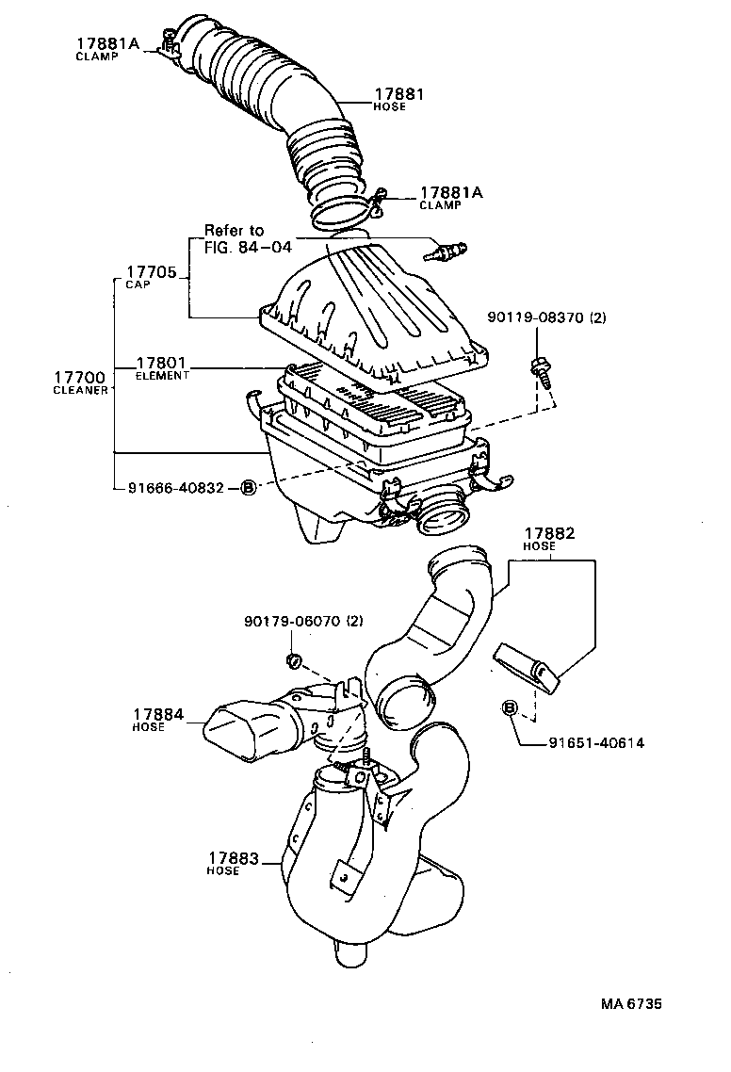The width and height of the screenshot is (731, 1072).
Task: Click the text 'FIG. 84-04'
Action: click(x=248, y=248)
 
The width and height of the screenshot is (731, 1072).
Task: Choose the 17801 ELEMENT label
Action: click(x=162, y=366)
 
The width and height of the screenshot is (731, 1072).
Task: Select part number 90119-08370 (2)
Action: click(x=546, y=318)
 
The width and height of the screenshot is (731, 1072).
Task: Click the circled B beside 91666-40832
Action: click(x=248, y=487)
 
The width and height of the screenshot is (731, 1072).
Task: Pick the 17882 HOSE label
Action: click(x=549, y=539)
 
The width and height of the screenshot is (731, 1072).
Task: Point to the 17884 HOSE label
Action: click(x=157, y=720)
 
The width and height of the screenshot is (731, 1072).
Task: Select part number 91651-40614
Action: click(x=596, y=742)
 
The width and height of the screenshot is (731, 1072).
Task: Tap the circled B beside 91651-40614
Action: click(x=510, y=707)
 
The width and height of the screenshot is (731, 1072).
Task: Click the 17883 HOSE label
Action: click(x=236, y=863)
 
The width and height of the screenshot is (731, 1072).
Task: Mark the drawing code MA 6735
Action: click(x=631, y=1004)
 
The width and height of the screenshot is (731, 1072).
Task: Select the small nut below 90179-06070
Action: click(x=292, y=660)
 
